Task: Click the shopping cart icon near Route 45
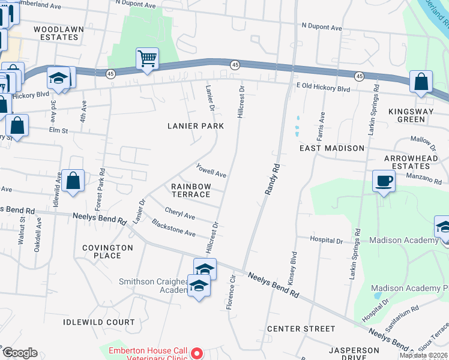click(x=147, y=59)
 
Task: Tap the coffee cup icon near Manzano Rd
click(x=384, y=181)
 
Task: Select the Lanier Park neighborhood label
click(x=196, y=126)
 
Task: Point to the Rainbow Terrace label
click(x=191, y=190)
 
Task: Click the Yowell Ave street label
click(x=211, y=170)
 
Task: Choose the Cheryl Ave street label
click(x=180, y=214)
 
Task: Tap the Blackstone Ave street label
click(x=174, y=228)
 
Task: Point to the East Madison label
click(x=332, y=148)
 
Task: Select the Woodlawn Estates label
click(x=56, y=33)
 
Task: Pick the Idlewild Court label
click(x=99, y=322)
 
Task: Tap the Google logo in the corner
click(x=20, y=353)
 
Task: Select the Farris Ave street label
click(x=322, y=124)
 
